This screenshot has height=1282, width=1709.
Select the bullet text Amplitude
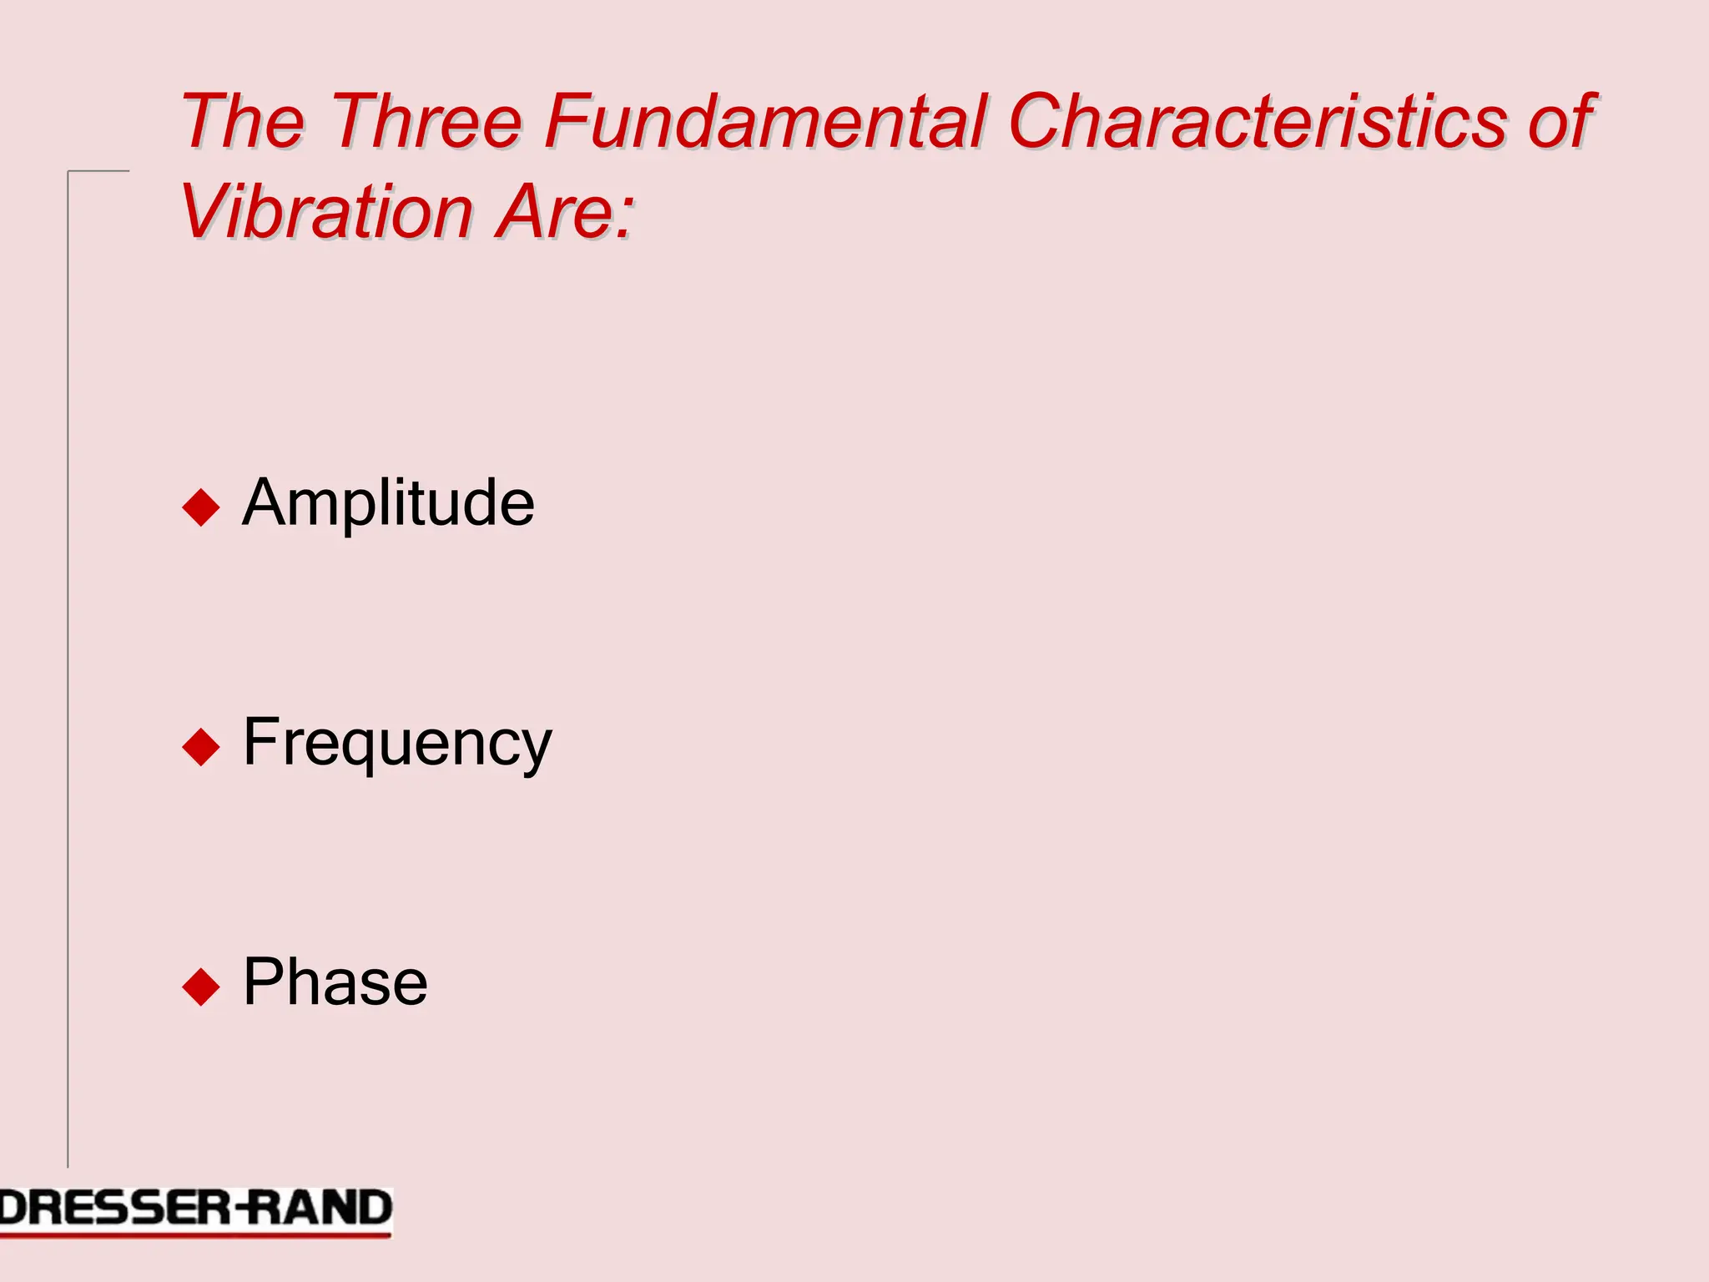tap(388, 503)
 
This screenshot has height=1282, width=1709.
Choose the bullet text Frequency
tap(397, 743)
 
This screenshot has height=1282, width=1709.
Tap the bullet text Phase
tap(335, 982)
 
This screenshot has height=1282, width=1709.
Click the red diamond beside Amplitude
tap(200, 507)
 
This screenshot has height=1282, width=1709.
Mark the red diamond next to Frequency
tap(200, 746)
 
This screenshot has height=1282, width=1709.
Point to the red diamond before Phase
tap(200, 986)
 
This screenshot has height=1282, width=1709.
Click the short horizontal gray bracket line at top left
tap(98, 171)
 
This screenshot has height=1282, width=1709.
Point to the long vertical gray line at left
tap(68, 668)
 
